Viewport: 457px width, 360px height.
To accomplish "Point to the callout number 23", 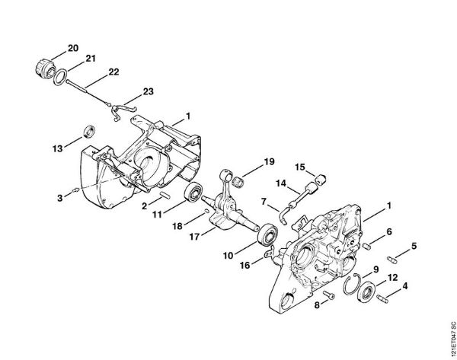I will coord(147,91).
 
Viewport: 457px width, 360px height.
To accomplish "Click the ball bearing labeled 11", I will coord(194,193).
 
